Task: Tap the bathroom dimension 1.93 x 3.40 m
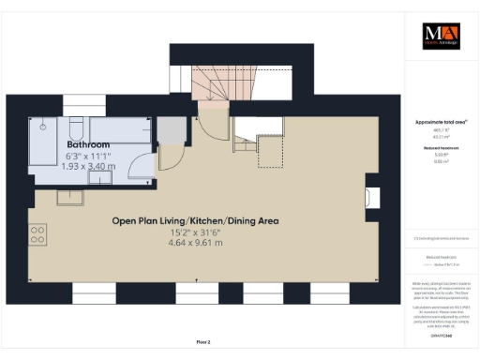coord(89,166)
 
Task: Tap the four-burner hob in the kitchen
coord(38,232)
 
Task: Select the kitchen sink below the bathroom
coord(70,197)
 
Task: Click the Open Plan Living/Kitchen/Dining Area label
coord(195,221)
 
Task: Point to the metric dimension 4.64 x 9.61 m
coord(195,243)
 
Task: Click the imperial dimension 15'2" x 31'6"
coord(195,232)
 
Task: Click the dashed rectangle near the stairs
coord(271,153)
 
